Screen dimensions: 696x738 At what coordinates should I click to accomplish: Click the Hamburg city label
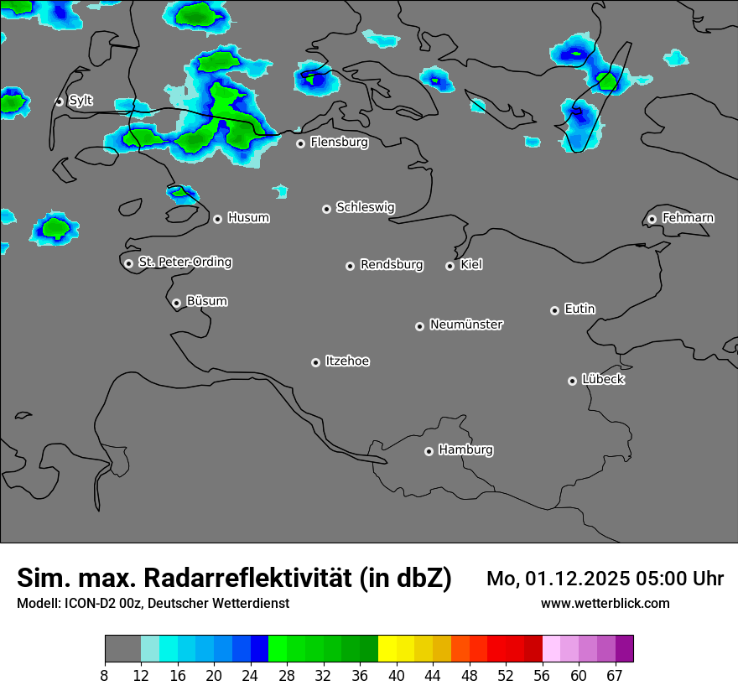465,449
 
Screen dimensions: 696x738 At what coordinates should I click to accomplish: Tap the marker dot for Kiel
450,266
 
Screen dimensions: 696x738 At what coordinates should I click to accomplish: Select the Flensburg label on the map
339,143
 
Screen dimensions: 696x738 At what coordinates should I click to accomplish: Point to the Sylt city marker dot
59,101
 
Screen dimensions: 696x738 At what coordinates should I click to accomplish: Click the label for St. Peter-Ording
184,262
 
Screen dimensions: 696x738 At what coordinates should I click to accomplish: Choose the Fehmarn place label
688,218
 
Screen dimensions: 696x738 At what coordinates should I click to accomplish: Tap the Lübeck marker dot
572,381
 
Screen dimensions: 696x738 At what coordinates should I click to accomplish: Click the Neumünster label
466,325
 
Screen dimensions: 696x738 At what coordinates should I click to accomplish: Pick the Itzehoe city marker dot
315,362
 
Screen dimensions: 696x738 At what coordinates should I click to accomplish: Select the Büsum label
206,301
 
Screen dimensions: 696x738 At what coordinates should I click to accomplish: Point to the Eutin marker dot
554,310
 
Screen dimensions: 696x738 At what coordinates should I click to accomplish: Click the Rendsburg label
392,265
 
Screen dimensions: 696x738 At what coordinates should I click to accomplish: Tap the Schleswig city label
365,207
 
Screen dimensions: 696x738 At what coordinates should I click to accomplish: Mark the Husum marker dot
217,219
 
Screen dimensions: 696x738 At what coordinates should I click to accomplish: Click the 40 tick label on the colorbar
396,676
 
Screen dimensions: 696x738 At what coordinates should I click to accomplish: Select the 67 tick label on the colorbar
615,676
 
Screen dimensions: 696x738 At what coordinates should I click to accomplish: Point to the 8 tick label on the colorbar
104,676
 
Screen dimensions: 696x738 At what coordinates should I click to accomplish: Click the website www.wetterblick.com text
605,603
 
